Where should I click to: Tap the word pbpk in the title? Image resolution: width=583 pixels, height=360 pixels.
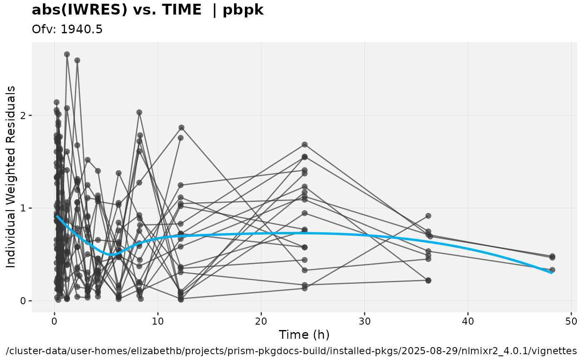[243, 10]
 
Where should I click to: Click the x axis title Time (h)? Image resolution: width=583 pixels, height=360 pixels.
[304, 335]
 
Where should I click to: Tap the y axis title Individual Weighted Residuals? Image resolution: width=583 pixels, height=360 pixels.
[11, 177]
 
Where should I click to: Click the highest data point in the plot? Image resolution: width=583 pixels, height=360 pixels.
[67, 54]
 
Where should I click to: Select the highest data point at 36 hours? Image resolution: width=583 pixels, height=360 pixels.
[428, 216]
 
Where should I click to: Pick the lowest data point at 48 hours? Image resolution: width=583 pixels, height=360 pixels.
[552, 270]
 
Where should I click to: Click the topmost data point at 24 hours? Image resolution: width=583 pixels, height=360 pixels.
[304, 144]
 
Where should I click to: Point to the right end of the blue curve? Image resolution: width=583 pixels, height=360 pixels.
[552, 273]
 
